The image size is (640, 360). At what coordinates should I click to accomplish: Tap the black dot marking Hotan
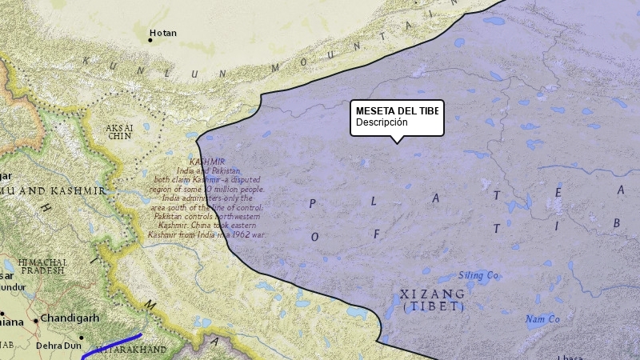pyautogui.click(x=150, y=39)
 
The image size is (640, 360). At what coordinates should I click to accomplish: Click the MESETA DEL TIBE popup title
pyautogui.click(x=397, y=110)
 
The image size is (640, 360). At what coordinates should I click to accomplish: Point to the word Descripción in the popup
pyautogui.click(x=382, y=122)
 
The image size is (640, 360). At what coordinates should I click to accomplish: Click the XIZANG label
pyautogui.click(x=433, y=294)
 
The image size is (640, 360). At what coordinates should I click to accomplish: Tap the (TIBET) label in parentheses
pyautogui.click(x=433, y=306)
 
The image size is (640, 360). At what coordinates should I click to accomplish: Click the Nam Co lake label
pyautogui.click(x=542, y=319)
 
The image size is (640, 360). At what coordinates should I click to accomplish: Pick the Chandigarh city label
pyautogui.click(x=70, y=318)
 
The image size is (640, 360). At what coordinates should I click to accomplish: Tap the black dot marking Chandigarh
pyautogui.click(x=35, y=320)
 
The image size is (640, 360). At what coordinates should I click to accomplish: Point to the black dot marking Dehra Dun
pyautogui.click(x=81, y=338)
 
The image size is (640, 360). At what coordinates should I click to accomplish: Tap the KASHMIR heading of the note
pyautogui.click(x=206, y=162)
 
